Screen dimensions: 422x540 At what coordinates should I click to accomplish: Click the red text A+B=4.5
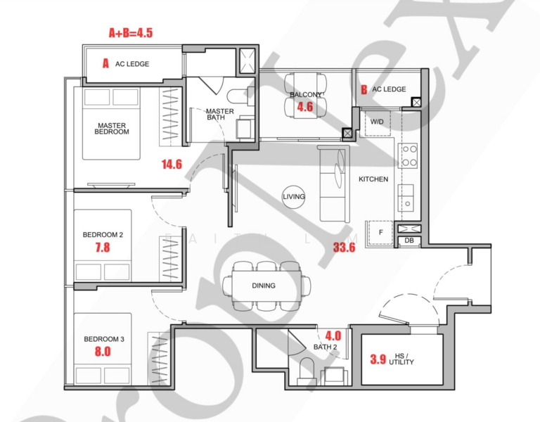[130, 32]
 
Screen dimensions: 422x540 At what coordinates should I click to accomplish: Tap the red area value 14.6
[172, 165]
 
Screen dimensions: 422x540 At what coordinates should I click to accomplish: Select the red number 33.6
[346, 247]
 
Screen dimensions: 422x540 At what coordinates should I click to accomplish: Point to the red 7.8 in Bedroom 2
[102, 248]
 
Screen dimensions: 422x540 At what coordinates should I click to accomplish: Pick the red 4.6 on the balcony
[304, 107]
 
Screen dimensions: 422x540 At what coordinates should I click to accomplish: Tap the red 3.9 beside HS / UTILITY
[378, 359]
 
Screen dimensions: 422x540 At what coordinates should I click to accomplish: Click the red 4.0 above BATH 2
[333, 335]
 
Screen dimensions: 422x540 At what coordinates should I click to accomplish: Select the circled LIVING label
[294, 197]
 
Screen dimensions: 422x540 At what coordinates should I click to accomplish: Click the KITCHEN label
[373, 179]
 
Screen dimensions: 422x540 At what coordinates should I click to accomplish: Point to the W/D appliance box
[377, 122]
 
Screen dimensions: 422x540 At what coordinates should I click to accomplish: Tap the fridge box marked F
[380, 232]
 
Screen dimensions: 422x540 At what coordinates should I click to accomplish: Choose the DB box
[408, 241]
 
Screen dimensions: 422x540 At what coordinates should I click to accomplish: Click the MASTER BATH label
[219, 115]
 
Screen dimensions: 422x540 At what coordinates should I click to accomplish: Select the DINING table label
[264, 286]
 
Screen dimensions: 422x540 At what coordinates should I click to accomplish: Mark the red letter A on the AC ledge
[105, 63]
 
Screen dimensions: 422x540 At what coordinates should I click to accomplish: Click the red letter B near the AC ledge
[364, 89]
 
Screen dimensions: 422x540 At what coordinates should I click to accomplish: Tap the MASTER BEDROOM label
[112, 128]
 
